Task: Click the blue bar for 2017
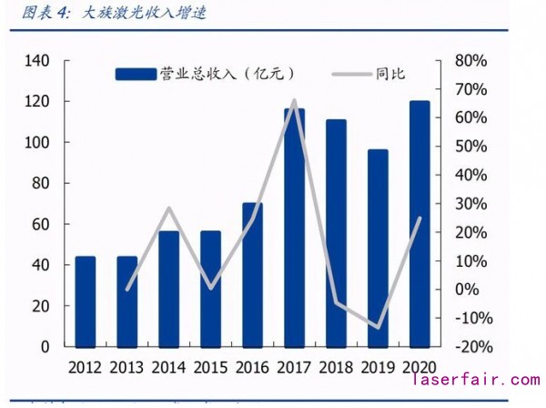pyautogui.click(x=293, y=228)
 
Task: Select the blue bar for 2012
pyautogui.click(x=85, y=301)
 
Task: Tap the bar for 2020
pyautogui.click(x=419, y=223)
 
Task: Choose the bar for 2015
pyautogui.click(x=210, y=289)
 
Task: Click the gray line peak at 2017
pyautogui.click(x=294, y=101)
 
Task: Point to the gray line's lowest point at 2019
pyautogui.click(x=377, y=327)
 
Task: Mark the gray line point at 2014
pyautogui.click(x=168, y=209)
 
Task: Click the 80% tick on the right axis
pyautogui.click(x=470, y=61)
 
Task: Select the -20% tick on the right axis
pyautogui.click(x=470, y=347)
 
